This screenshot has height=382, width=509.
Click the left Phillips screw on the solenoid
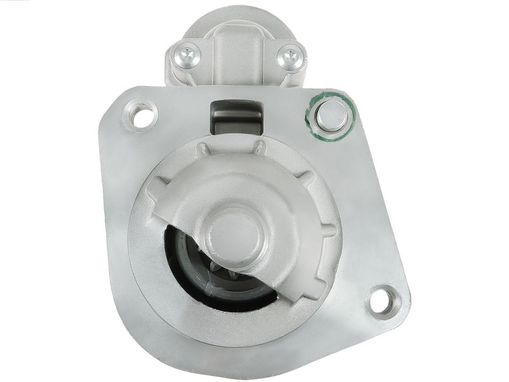[187, 54]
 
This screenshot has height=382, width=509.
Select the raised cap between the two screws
[238, 55]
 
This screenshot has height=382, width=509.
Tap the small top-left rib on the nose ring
[202, 149]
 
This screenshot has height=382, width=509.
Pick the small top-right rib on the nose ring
[259, 147]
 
